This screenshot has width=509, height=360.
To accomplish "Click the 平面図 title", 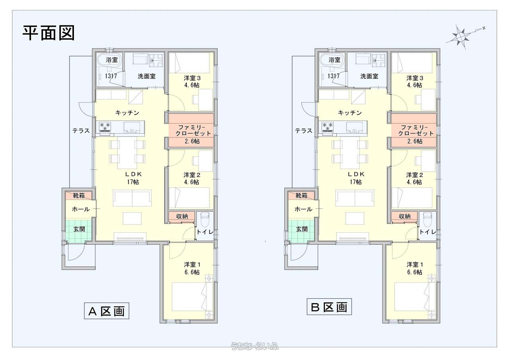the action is (49, 33).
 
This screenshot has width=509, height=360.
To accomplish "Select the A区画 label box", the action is (107, 311).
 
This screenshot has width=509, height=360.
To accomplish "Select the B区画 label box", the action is (329, 307).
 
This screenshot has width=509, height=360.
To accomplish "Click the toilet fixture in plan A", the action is (205, 220).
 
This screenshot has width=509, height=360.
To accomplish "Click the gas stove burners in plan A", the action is (105, 127).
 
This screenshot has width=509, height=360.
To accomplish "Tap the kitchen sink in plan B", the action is (354, 128).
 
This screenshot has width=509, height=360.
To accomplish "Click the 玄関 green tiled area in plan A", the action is (79, 230).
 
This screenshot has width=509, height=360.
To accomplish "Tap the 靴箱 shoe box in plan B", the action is (301, 195).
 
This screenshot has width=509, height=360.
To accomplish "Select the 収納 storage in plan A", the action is (182, 216).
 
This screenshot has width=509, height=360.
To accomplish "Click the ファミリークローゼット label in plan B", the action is (416, 130).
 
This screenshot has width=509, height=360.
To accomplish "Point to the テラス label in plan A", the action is (81, 131).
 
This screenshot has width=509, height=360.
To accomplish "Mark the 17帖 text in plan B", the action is (356, 182).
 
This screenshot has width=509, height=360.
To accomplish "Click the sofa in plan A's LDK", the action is (132, 198).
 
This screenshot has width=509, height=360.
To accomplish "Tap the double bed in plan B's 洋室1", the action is (414, 297).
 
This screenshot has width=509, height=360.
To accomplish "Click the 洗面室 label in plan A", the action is (147, 76).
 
